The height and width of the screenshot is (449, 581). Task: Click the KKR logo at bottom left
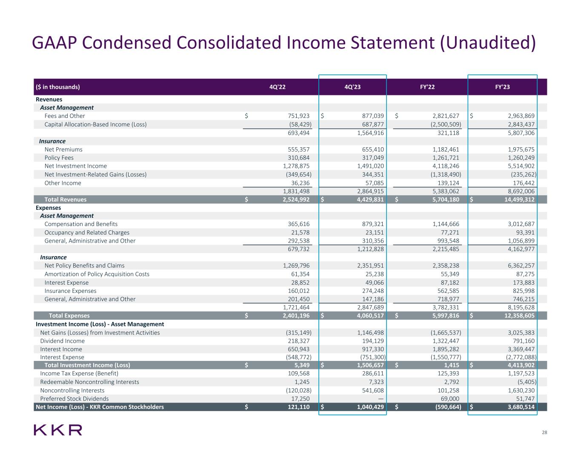(58, 430)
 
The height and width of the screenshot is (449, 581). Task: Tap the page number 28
(544, 433)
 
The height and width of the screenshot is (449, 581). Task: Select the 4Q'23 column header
(352, 87)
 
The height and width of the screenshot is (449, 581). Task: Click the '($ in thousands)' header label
(57, 87)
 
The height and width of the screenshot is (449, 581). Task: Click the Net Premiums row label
(63, 149)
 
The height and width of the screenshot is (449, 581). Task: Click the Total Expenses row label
(69, 316)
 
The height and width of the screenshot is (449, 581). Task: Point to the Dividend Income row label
(62, 341)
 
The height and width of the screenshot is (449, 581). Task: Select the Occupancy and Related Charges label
(87, 232)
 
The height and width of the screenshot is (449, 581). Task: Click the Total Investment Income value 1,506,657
(367, 365)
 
